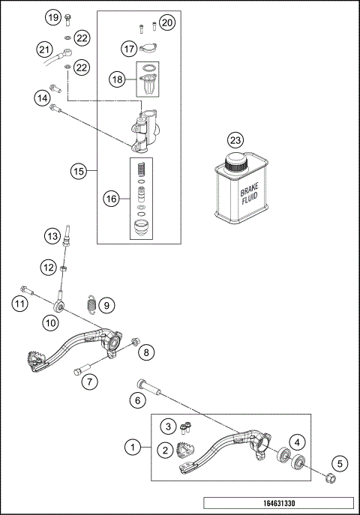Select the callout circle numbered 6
[137, 400]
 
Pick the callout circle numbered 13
[52, 237]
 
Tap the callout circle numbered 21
[44, 49]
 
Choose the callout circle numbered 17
[129, 49]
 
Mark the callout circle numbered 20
[167, 22]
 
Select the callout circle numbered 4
[298, 442]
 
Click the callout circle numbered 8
[147, 350]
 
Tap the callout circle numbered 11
[19, 304]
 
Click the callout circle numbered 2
[163, 451]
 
